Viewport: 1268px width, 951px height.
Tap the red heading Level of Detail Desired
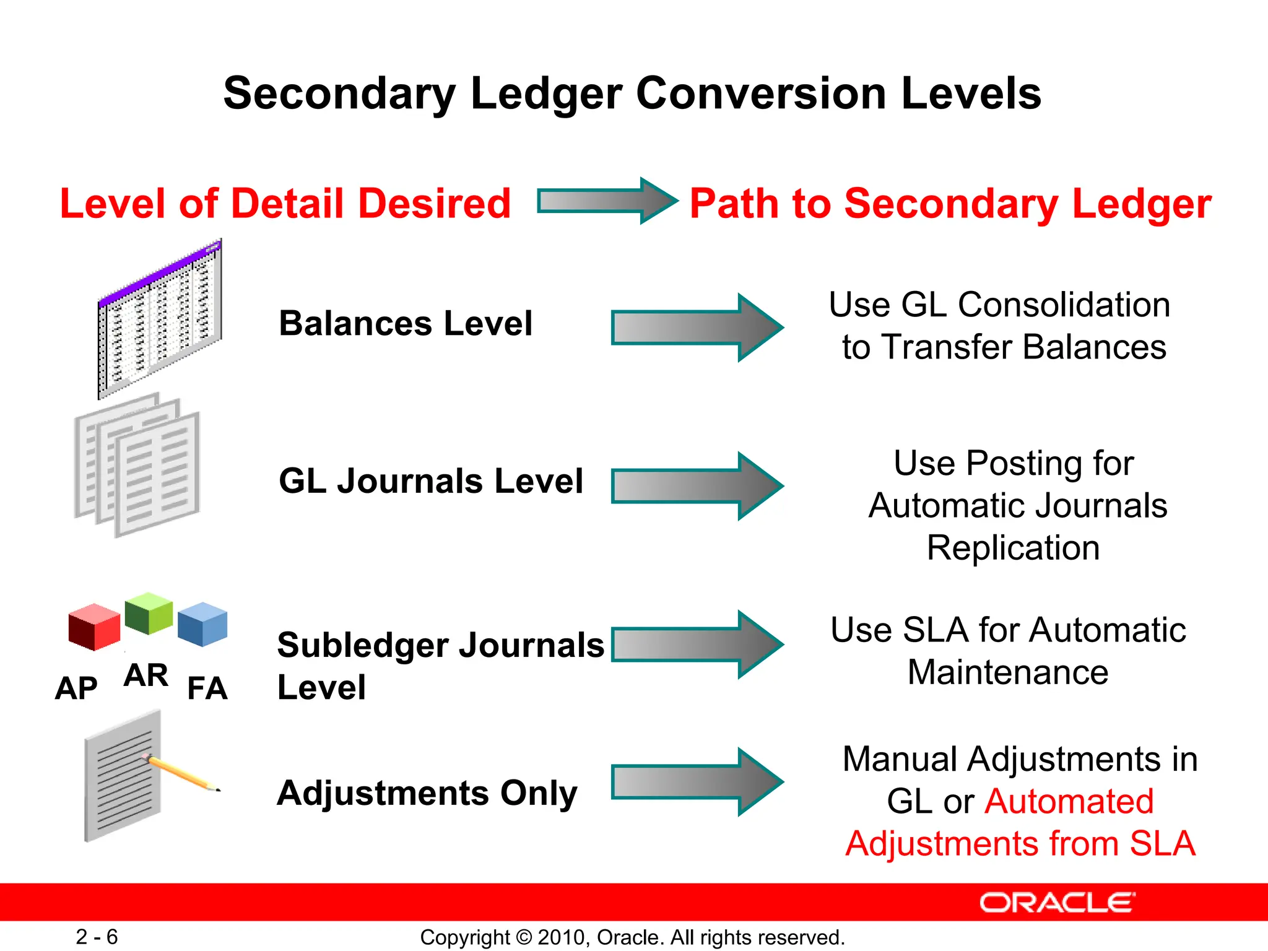click(x=285, y=204)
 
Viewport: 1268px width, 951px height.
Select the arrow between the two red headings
click(x=607, y=201)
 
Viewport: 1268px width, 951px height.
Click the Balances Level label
click(x=406, y=323)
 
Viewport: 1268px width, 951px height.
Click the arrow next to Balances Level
click(x=697, y=328)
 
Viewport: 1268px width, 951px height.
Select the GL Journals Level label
click(x=430, y=481)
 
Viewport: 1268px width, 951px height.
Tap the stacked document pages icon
click(x=137, y=466)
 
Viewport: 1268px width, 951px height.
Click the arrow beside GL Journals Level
click(x=697, y=486)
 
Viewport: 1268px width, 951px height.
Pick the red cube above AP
click(x=94, y=627)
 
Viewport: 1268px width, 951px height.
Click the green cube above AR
click(x=149, y=613)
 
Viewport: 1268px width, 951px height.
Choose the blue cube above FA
click(x=202, y=624)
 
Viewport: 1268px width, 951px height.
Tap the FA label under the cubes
click(x=207, y=688)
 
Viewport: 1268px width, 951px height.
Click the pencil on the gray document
click(x=183, y=774)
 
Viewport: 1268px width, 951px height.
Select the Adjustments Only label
click(x=427, y=793)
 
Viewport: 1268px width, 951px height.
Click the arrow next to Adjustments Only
click(x=697, y=782)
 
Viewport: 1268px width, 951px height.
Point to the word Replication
click(x=1013, y=548)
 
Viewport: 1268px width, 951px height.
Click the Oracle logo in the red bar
click(x=1057, y=903)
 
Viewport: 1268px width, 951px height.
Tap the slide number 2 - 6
click(x=97, y=937)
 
